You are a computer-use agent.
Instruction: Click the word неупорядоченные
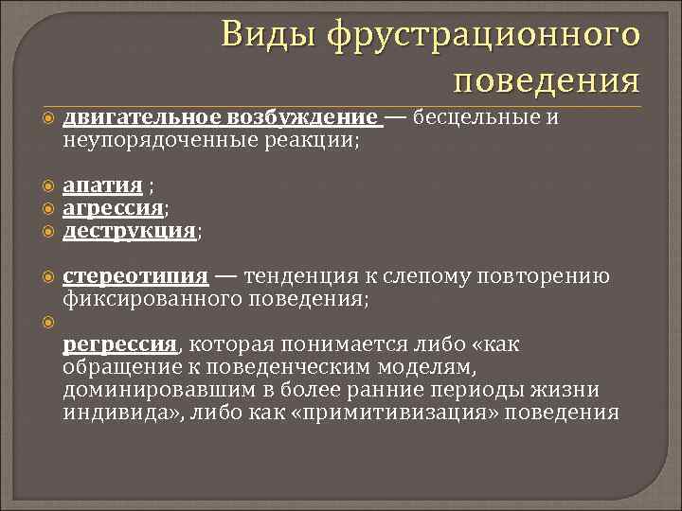pos(150,141)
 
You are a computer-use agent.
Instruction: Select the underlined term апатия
pos(102,185)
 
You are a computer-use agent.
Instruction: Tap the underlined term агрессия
pos(113,207)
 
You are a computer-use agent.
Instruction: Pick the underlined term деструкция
pos(129,230)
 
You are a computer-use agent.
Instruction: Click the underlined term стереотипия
pos(135,276)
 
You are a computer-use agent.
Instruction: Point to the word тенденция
pos(298,276)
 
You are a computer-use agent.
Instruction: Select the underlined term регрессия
pos(120,344)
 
